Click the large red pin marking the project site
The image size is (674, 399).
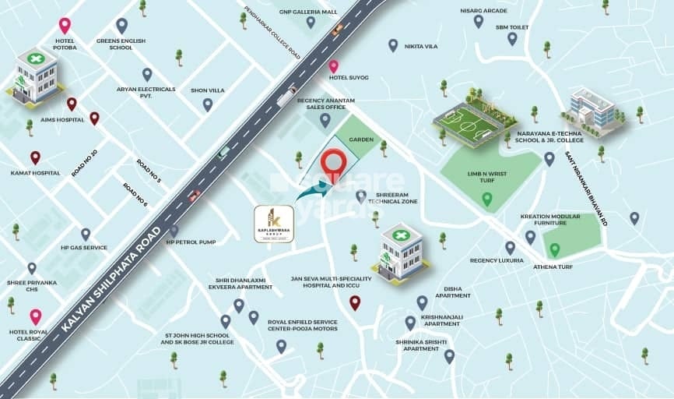pyautogui.click(x=334, y=163)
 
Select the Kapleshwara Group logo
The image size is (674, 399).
pyautogui.click(x=274, y=224)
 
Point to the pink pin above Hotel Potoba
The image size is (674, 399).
pyautogui.click(x=65, y=26)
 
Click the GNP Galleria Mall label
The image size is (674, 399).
pyautogui.click(x=310, y=12)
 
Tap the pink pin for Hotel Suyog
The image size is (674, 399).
pyautogui.click(x=333, y=66)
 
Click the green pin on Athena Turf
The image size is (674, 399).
pyautogui.click(x=554, y=249)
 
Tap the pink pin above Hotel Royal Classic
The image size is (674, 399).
pyautogui.click(x=35, y=316)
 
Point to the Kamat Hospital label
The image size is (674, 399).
pyautogui.click(x=35, y=172)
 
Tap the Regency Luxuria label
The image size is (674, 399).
pyautogui.click(x=493, y=261)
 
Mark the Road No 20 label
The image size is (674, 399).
pyautogui.click(x=84, y=162)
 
